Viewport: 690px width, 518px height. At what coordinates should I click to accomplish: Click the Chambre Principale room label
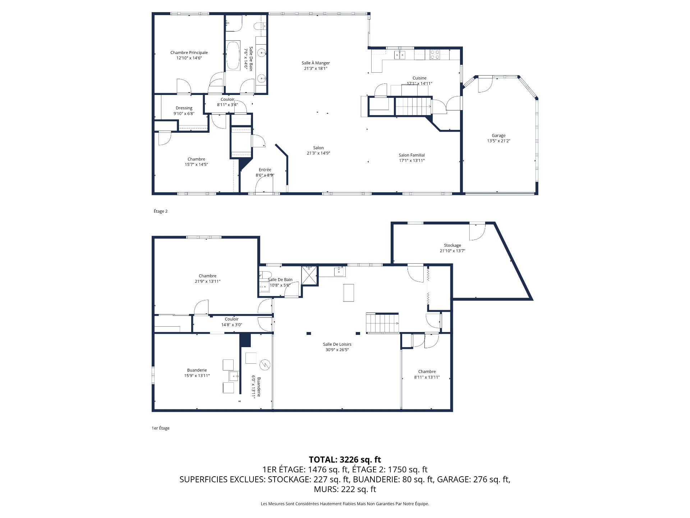189,53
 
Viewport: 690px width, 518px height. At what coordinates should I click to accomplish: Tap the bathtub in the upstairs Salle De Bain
233,56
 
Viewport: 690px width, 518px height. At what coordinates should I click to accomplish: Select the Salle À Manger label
316,63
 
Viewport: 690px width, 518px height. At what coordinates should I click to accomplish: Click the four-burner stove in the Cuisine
434,55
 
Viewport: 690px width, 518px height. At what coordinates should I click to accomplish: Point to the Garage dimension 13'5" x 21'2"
498,141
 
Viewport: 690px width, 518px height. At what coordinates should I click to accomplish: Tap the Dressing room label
184,108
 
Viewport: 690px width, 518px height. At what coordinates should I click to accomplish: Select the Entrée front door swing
263,185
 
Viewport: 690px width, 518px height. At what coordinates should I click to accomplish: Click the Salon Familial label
411,155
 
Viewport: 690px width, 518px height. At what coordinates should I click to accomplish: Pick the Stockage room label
452,245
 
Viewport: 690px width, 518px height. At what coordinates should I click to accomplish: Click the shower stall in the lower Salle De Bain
309,275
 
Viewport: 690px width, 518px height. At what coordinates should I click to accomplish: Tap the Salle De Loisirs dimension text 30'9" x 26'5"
337,350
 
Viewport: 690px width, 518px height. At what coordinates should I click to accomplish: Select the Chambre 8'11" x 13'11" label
427,372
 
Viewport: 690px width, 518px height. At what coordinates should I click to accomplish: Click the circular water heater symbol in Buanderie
265,365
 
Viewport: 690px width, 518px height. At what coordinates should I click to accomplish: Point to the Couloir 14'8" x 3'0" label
231,319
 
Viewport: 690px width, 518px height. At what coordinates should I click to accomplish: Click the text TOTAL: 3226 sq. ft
345,460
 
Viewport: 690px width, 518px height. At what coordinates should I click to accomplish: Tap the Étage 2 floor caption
161,211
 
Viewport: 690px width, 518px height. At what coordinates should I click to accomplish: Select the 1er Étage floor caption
161,428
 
